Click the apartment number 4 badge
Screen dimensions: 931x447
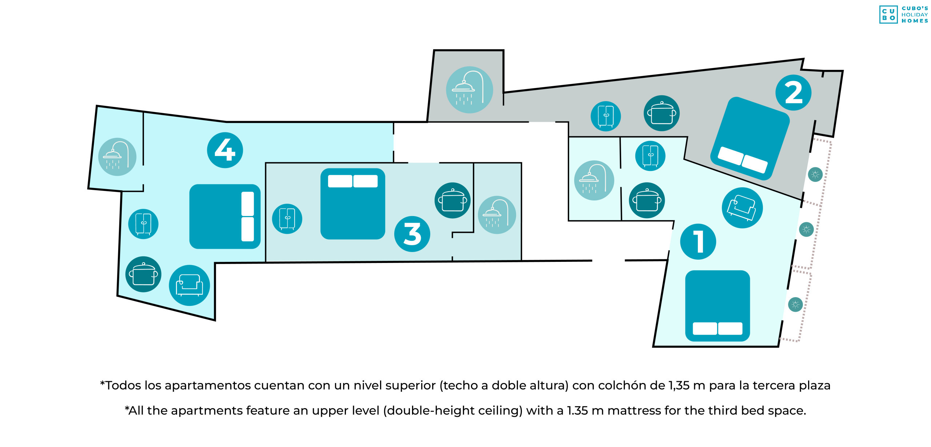coord(225,150)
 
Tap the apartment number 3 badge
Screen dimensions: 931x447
coord(412,234)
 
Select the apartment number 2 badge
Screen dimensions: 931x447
coord(793,92)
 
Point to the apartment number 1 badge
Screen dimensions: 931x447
coord(698,242)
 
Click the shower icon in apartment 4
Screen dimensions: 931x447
coord(117,157)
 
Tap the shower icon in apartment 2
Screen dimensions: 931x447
coord(469,89)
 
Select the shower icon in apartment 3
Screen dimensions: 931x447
coord(497,215)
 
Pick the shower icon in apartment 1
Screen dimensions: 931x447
coord(594,180)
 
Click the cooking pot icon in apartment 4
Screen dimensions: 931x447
coord(143,274)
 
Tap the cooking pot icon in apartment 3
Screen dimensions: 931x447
coord(452,200)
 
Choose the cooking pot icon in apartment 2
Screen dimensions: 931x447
coord(662,113)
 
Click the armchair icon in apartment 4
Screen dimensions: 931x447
coord(189,285)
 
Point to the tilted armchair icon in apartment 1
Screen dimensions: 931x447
coord(742,208)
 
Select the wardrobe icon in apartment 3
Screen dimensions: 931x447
coord(287,219)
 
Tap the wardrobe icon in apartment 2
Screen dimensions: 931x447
coord(606,116)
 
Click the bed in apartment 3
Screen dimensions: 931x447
coord(352,204)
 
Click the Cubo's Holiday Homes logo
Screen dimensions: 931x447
coord(904,15)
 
